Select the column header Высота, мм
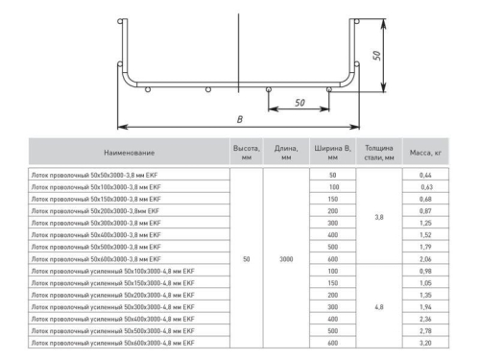click(x=247, y=152)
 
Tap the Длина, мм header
click(x=285, y=152)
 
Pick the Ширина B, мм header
click(x=332, y=152)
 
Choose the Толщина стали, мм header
click(x=379, y=152)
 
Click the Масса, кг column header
click(x=425, y=152)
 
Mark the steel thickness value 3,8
click(x=379, y=217)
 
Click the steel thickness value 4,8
click(x=379, y=306)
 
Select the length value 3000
click(x=285, y=259)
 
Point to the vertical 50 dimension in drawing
click(x=378, y=56)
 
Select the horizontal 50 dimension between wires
click(x=299, y=101)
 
